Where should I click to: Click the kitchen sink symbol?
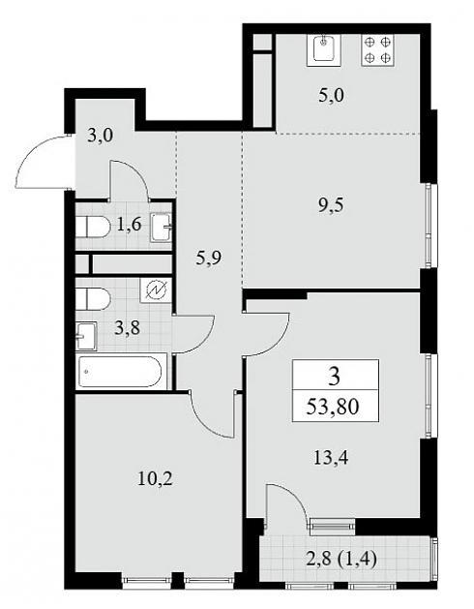[324, 50]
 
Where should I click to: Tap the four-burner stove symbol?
[377, 49]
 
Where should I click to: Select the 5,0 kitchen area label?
[331, 96]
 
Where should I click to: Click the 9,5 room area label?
[331, 205]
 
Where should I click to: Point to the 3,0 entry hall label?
[100, 136]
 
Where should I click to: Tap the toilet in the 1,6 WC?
[93, 227]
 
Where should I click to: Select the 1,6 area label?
[129, 225]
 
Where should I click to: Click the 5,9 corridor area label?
[209, 259]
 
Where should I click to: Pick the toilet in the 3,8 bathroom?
[93, 299]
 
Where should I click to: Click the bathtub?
[120, 372]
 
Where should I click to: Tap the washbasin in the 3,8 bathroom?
[86, 336]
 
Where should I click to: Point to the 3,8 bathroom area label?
[128, 329]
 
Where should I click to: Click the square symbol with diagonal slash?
[156, 290]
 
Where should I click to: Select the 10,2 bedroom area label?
[155, 478]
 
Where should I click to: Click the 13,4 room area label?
[331, 458]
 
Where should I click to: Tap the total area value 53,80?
[333, 407]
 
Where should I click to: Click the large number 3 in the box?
[334, 376]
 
